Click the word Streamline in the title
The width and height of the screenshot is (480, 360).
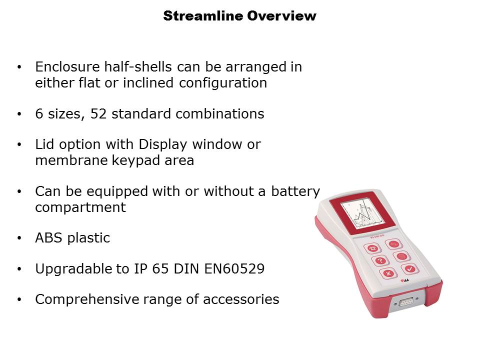click(203, 16)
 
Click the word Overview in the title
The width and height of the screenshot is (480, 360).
click(281, 16)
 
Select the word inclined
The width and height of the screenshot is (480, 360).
click(148, 82)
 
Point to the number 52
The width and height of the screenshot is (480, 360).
click(98, 114)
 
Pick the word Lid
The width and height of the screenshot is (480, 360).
click(44, 144)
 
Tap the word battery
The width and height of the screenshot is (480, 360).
click(295, 191)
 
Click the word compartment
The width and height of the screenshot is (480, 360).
click(80, 207)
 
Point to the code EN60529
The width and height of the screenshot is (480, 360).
click(234, 269)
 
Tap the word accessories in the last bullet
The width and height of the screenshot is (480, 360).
click(241, 299)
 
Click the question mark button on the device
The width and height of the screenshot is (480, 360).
click(380, 261)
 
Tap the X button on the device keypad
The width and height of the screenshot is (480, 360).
click(389, 273)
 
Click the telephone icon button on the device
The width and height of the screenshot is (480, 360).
click(372, 248)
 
